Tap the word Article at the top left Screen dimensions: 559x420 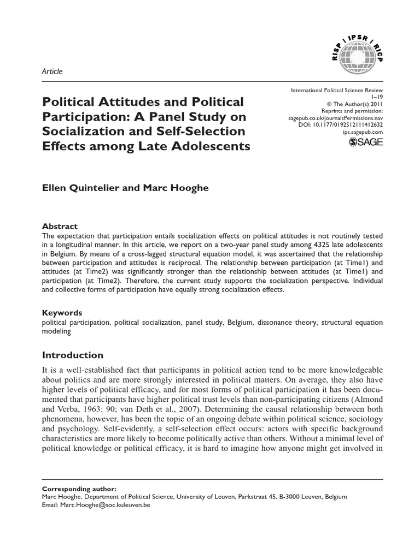pyautogui.click(x=52, y=71)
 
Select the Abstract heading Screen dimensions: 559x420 pyautogui.click(x=60, y=226)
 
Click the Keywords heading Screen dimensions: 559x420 pyautogui.click(x=62, y=313)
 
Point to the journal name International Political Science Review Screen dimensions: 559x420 pyautogui.click(x=336, y=89)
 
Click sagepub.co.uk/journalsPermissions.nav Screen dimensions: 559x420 pyautogui.click(x=335, y=117)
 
